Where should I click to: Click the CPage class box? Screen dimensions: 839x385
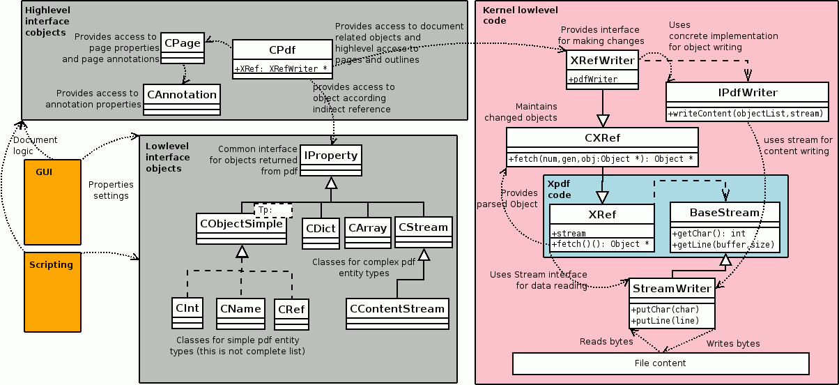point(183,48)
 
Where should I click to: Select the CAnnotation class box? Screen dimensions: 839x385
point(182,99)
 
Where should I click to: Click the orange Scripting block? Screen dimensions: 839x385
point(52,292)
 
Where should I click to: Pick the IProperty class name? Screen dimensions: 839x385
point(331,156)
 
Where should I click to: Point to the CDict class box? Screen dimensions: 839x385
point(321,234)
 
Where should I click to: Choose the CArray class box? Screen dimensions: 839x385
point(367,233)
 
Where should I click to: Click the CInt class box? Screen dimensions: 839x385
point(187,313)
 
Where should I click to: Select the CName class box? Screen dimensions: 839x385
point(240,314)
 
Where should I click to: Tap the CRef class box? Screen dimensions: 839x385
point(291,315)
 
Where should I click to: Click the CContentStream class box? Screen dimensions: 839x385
point(397,314)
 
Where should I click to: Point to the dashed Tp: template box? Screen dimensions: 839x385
point(273,210)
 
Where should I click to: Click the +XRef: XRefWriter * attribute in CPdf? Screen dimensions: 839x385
point(281,69)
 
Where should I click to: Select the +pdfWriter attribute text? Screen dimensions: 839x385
point(593,79)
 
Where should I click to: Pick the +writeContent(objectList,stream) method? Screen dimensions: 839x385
point(746,114)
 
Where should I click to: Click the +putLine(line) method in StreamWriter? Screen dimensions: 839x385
point(665,321)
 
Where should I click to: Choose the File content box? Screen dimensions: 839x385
point(661,363)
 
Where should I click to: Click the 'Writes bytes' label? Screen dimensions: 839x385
point(733,343)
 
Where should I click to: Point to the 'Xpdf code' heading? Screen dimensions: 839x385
point(559,189)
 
